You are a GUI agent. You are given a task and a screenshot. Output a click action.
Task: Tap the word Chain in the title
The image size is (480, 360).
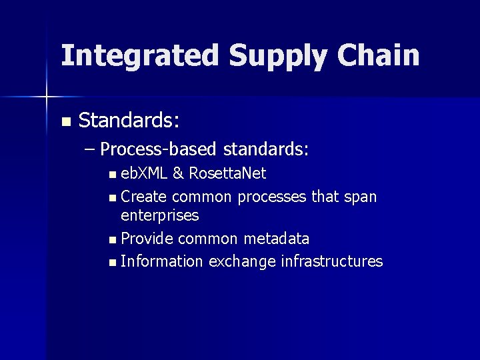click(378, 56)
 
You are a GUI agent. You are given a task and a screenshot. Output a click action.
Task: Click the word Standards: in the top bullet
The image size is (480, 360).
click(129, 121)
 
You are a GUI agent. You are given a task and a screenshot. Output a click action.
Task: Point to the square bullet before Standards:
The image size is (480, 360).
click(65, 122)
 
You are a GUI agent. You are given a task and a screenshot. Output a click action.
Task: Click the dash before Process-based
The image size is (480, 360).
click(91, 149)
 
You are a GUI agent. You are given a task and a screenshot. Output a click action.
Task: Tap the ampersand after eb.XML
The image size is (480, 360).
click(178, 174)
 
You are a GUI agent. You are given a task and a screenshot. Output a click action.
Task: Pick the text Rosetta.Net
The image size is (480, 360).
click(227, 174)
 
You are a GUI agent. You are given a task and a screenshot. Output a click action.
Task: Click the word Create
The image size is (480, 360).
click(144, 197)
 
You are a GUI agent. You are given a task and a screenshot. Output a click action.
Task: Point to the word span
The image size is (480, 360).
click(361, 197)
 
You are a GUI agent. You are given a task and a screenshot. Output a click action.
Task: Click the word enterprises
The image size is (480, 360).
click(159, 215)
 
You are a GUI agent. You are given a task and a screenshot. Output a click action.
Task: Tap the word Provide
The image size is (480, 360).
click(147, 238)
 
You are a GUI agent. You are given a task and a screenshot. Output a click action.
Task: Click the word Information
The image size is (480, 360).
click(162, 261)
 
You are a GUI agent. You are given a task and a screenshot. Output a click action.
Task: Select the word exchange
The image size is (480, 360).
click(242, 261)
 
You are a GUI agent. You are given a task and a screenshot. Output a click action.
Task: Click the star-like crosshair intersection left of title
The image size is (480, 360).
click(46, 97)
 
